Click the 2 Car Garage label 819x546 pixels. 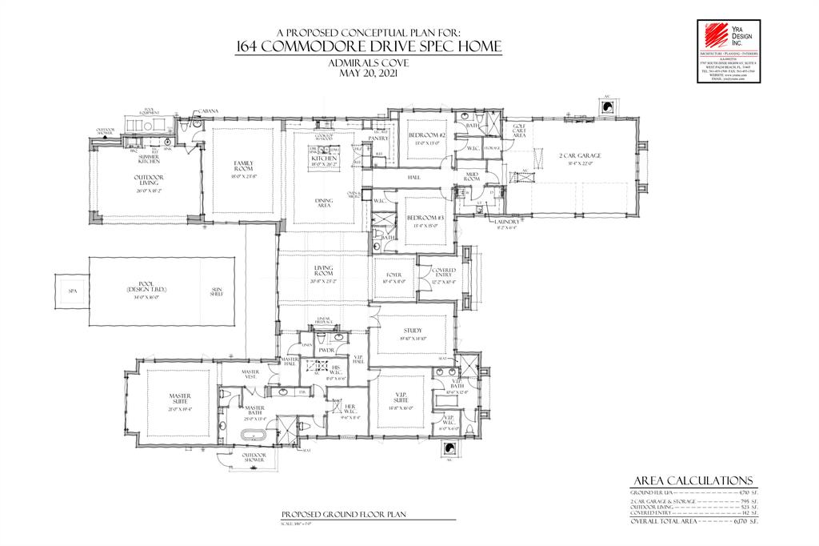pyautogui.click(x=569, y=156)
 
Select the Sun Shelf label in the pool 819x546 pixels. pyautogui.click(x=217, y=291)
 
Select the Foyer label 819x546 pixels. pyautogui.click(x=394, y=275)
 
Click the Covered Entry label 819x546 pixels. pyautogui.click(x=444, y=273)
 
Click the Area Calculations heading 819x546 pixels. pyautogui.click(x=692, y=480)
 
